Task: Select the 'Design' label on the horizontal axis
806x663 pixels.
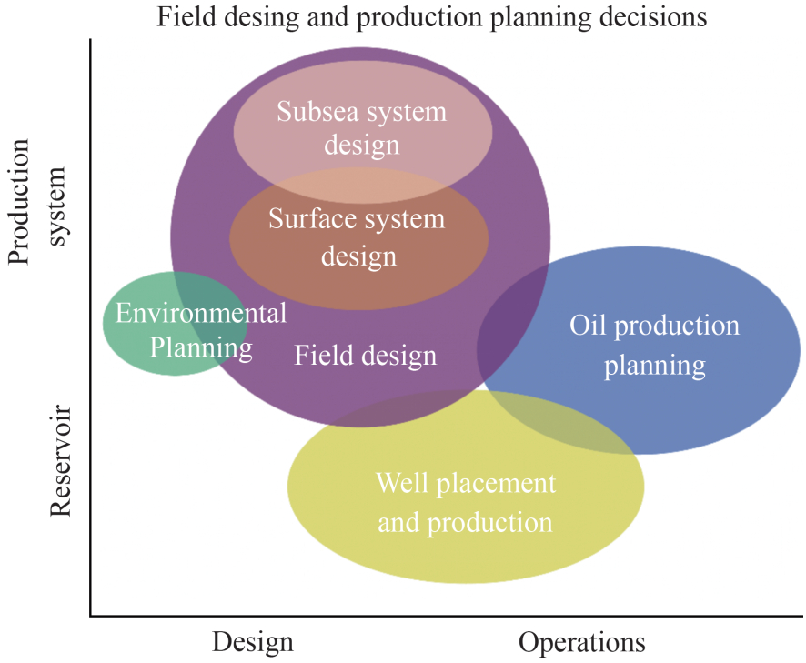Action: click(x=253, y=642)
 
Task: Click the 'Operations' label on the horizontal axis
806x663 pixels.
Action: click(x=582, y=642)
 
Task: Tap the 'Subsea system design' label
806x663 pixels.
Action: click(x=362, y=127)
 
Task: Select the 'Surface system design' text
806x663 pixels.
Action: click(x=358, y=237)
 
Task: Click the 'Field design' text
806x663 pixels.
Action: click(x=365, y=355)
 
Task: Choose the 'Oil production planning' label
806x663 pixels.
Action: click(x=654, y=345)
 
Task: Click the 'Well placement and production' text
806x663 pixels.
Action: click(x=465, y=502)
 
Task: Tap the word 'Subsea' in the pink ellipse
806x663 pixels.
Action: click(x=317, y=112)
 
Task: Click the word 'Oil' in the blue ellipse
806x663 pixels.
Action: click(x=587, y=325)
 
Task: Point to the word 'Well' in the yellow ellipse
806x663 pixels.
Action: click(x=401, y=483)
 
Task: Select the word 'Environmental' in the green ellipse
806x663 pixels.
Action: click(x=201, y=314)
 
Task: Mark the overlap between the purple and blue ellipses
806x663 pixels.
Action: click(x=513, y=337)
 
